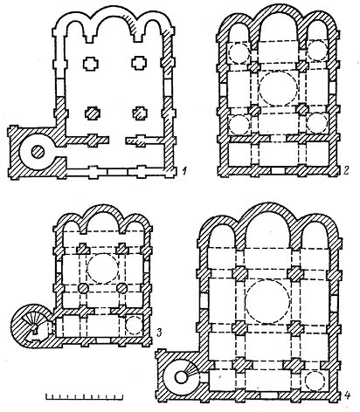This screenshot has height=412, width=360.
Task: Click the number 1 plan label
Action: (x=183, y=170)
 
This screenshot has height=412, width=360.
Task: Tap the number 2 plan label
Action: (x=345, y=170)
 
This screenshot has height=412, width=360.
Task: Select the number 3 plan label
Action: (x=159, y=333)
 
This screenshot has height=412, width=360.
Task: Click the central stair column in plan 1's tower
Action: (x=38, y=152)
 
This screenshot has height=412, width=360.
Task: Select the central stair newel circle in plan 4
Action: (x=181, y=377)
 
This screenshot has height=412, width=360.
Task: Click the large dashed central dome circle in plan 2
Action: (x=279, y=89)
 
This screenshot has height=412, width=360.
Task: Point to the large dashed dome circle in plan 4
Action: (x=267, y=301)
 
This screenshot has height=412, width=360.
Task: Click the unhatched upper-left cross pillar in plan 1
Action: (x=91, y=64)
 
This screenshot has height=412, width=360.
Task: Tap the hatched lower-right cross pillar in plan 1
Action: (x=140, y=113)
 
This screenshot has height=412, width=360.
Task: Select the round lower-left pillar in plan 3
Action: (x=84, y=288)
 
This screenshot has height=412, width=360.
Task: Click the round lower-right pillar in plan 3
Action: (x=121, y=288)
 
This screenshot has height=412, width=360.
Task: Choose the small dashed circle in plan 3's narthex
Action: (x=134, y=325)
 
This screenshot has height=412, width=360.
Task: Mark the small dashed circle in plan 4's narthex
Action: (x=315, y=381)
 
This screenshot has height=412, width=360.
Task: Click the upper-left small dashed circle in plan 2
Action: (x=239, y=52)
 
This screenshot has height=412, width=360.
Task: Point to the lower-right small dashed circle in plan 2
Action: (x=317, y=122)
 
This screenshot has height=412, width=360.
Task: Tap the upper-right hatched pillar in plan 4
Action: (x=295, y=273)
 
